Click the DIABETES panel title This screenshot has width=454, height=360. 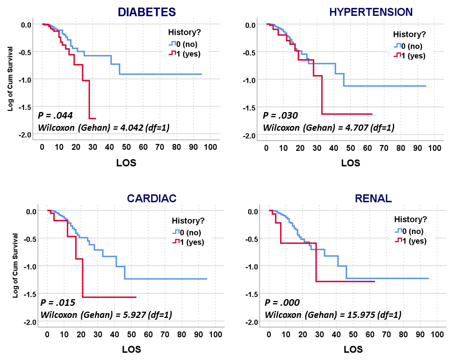[x=147, y=12]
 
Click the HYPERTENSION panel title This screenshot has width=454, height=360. [x=371, y=12]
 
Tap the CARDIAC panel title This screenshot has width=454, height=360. [x=151, y=198]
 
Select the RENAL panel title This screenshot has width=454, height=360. [x=373, y=198]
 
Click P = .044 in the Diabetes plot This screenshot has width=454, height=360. [x=55, y=115]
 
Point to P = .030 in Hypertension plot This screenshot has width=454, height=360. [x=280, y=116]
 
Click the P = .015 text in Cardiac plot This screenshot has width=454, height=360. [x=58, y=303]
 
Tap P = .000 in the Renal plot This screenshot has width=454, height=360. [x=282, y=303]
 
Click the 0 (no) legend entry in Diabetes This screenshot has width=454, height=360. [x=186, y=44]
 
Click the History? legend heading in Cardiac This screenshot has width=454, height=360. [x=188, y=220]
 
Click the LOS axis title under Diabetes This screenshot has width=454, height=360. [x=126, y=163]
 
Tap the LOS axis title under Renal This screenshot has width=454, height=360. [x=353, y=349]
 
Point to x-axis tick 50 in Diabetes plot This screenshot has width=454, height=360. [x=126, y=147]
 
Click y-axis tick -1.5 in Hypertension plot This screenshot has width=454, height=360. [x=249, y=108]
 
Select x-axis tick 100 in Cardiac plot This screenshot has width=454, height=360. [x=215, y=334]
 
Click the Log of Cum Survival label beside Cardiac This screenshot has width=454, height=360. [x=15, y=265]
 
